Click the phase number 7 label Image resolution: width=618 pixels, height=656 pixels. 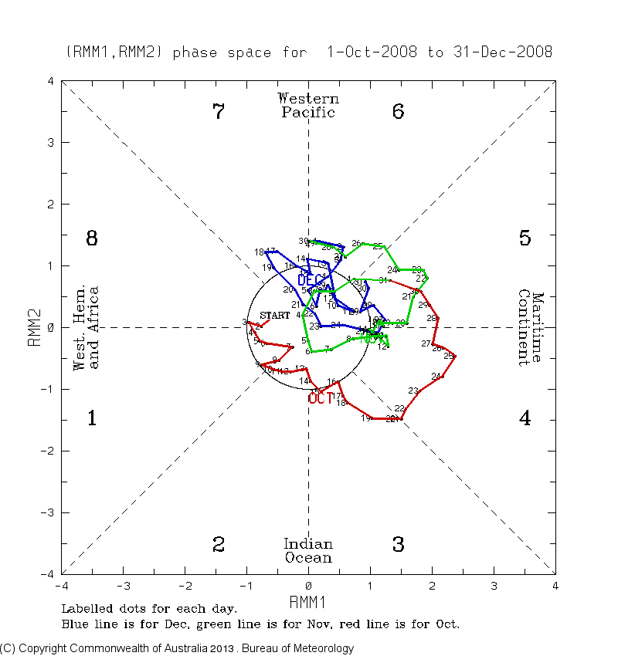tap(219, 112)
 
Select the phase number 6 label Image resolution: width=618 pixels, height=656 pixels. tap(398, 112)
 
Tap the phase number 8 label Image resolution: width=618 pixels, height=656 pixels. tap(91, 238)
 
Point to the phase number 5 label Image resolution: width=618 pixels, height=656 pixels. tap(525, 238)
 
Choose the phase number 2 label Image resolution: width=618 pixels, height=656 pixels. tap(219, 545)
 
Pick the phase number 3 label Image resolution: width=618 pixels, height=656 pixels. tap(398, 545)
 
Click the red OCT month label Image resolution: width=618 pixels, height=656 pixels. tap(320, 399)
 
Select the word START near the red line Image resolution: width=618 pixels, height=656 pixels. tap(275, 315)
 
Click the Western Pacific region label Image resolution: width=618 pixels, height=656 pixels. tap(308, 105)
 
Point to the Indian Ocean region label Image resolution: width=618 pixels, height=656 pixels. tap(308, 550)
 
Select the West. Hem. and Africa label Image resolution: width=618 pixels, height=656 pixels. tap(87, 327)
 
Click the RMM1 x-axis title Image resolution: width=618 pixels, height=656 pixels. tap(308, 601)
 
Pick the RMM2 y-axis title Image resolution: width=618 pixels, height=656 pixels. tap(34, 327)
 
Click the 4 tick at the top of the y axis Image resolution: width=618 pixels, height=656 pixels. tap(50, 81)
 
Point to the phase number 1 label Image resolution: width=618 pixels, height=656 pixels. tap(91, 419)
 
